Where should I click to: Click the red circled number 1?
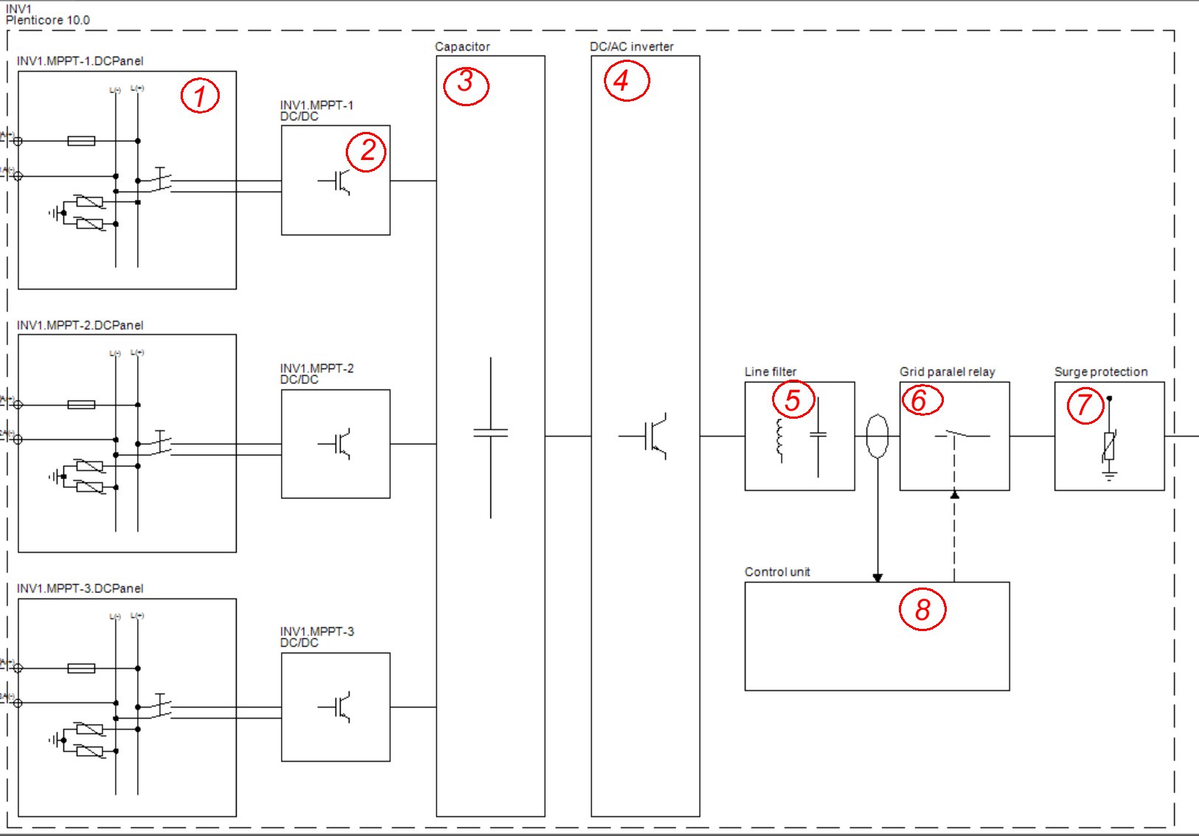[200, 96]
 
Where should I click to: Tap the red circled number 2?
[366, 151]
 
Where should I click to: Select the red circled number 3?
[465, 83]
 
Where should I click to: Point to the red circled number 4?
[625, 81]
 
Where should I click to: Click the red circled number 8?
[922, 610]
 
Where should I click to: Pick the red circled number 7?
[1085, 405]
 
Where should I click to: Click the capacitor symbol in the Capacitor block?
[490, 433]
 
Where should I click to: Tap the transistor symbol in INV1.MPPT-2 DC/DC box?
[338, 444]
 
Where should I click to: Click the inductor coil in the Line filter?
[779, 439]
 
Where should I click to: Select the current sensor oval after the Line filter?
[877, 436]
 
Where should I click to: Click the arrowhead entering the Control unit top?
[877, 577]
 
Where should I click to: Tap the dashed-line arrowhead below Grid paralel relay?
[954, 495]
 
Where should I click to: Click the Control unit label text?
[777, 572]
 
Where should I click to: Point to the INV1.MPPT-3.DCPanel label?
[80, 588]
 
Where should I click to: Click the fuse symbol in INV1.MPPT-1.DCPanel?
[81, 141]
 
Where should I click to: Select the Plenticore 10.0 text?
[48, 21]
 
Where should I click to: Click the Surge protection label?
[1101, 372]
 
